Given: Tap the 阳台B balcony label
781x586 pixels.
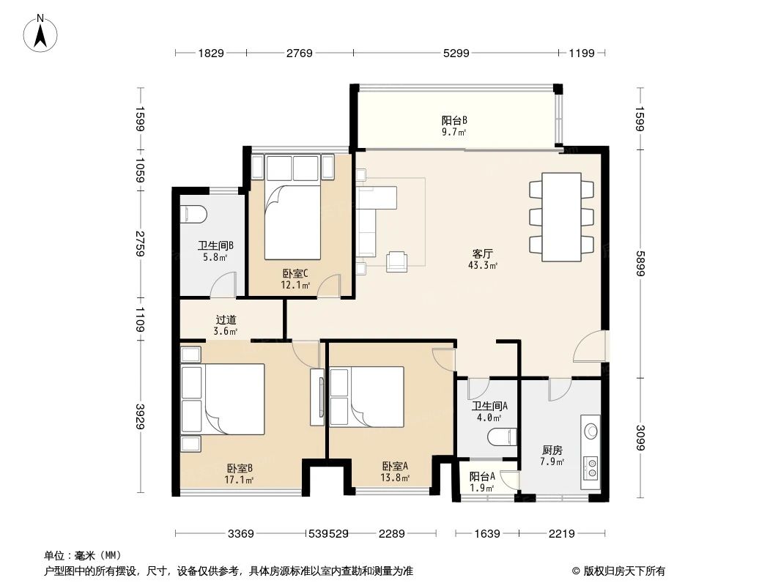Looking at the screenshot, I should (454, 126).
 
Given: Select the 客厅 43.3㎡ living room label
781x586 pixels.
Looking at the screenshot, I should (484, 259).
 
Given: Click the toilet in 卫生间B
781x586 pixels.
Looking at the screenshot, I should (194, 213).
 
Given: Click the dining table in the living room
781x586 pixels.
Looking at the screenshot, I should (561, 217).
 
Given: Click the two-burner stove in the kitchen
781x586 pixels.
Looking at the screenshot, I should (591, 467).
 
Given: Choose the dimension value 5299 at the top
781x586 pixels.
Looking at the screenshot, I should (456, 53).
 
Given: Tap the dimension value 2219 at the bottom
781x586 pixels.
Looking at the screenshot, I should (562, 534).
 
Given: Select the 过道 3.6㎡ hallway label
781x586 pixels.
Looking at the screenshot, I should (226, 325).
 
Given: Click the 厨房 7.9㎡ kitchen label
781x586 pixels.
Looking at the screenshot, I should (552, 456).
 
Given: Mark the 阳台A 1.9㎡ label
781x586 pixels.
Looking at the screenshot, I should (482, 481).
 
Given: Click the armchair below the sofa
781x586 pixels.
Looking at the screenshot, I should (397, 260).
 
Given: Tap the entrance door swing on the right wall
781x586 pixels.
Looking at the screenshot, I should (591, 347).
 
